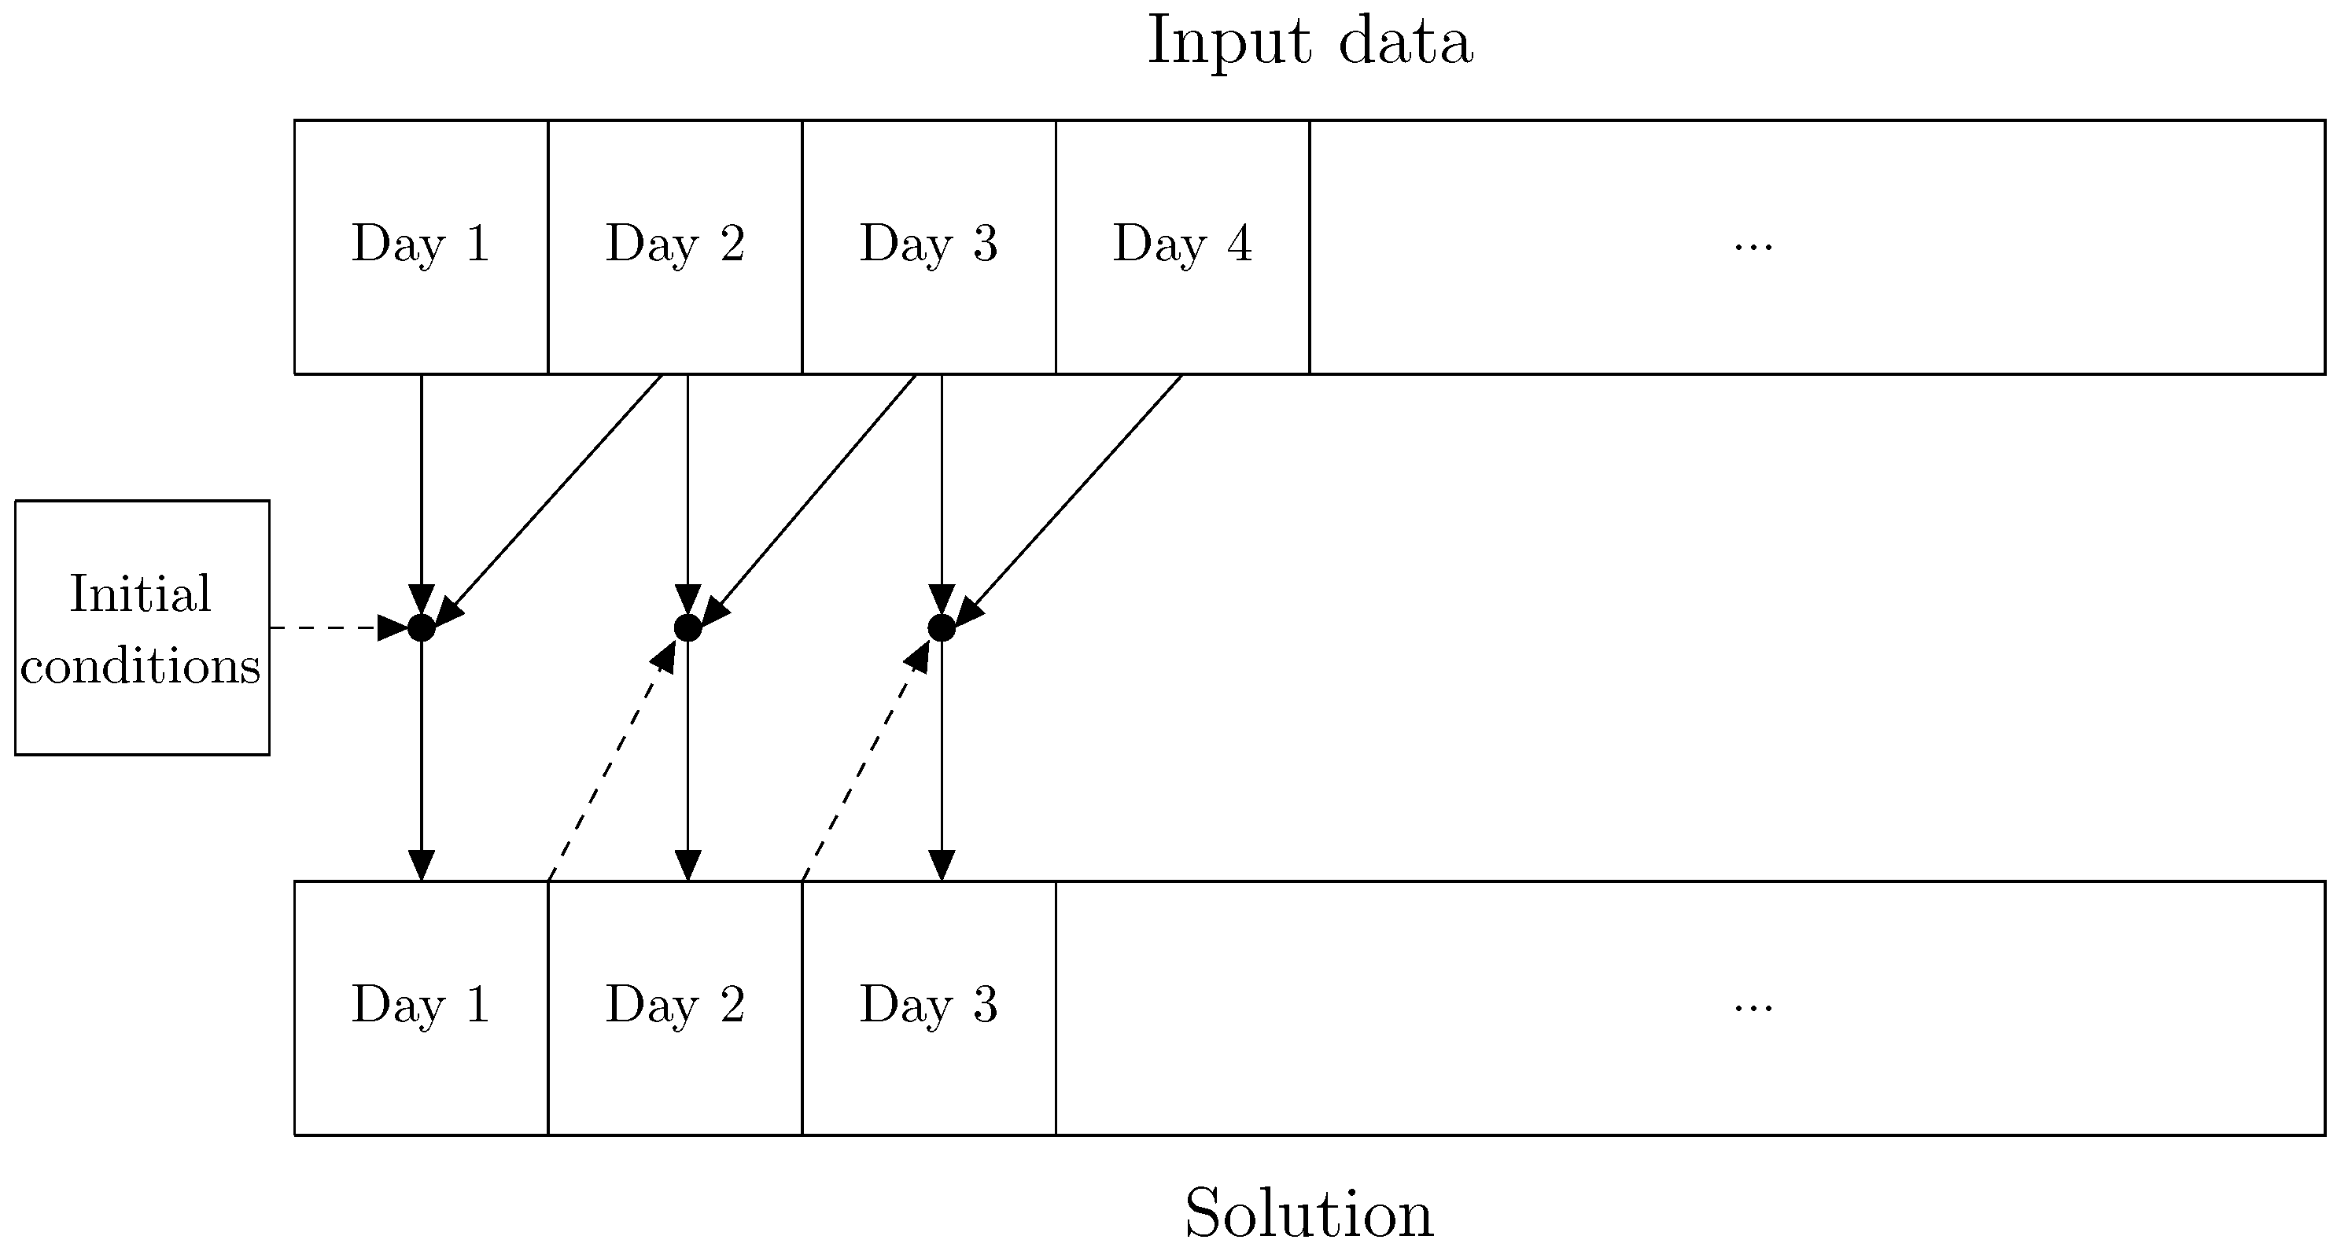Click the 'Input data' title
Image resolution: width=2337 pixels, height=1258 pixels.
pos(1309,42)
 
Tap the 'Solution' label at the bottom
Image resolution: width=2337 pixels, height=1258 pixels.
pos(1308,1213)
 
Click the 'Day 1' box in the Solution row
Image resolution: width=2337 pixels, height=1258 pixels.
pos(421,1006)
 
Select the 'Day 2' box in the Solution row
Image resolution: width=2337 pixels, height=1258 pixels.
pos(675,1006)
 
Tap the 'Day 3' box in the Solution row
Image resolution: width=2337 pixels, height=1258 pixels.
pos(929,1006)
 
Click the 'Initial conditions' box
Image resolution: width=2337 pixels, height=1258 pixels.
pos(142,627)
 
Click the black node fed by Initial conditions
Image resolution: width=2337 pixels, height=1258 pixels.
pos(421,627)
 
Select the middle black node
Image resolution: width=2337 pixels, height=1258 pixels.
pos(687,627)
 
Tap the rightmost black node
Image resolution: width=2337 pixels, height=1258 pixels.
pos(942,627)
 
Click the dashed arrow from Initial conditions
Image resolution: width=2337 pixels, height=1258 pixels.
pos(336,627)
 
